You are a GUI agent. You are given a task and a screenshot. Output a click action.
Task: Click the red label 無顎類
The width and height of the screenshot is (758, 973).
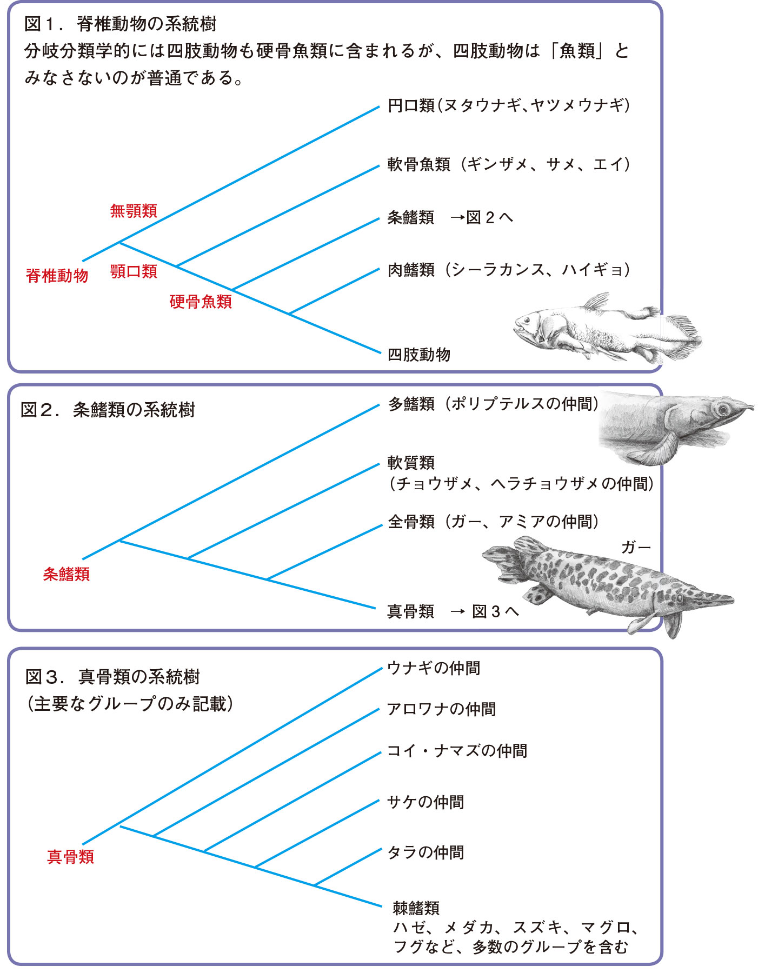(134, 210)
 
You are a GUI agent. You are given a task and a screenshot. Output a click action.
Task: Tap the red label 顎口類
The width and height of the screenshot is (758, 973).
(134, 271)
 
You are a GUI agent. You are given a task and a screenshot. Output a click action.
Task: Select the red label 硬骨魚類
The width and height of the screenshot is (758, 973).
(201, 301)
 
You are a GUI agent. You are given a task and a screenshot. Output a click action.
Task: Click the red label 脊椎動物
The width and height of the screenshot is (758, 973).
(57, 276)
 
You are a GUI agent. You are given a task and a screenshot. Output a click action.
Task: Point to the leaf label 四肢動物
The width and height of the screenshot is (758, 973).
(419, 355)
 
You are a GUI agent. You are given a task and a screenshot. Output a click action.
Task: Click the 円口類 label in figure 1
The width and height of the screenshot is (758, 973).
(411, 105)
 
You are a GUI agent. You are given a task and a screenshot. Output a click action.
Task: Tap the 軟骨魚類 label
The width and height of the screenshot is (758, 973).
(419, 164)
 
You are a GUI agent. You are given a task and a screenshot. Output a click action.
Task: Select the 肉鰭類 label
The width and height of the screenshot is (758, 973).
(411, 269)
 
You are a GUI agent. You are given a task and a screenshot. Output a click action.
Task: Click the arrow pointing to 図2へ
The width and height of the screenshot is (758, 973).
(457, 218)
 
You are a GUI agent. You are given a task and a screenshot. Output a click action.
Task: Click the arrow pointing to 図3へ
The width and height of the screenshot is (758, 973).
(458, 611)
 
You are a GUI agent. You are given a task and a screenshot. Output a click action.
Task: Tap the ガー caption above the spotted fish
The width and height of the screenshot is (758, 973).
(636, 548)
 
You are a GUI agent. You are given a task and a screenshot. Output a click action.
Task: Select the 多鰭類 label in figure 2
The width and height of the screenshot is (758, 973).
(411, 404)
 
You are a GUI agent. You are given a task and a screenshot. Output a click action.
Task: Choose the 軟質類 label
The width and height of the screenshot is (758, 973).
(411, 463)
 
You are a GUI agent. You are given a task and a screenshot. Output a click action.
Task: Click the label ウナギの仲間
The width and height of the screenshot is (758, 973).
(434, 669)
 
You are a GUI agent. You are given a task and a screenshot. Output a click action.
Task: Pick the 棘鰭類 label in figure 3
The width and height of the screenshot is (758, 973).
(416, 908)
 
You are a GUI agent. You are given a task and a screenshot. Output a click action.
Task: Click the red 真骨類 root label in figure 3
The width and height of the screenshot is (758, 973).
(71, 857)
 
